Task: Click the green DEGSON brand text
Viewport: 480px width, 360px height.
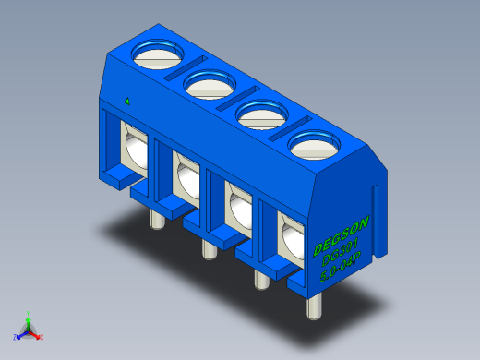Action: pyautogui.click(x=342, y=236)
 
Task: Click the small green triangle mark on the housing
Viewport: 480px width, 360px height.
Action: pyautogui.click(x=126, y=100)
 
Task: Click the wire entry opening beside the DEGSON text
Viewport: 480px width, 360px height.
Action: pyautogui.click(x=290, y=242)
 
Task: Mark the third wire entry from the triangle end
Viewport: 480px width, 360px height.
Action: pyautogui.click(x=238, y=210)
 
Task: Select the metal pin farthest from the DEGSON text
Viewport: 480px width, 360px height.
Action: pyautogui.click(x=156, y=219)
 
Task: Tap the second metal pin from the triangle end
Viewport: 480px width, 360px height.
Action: pyautogui.click(x=209, y=247)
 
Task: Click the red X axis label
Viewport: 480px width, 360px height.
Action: pyautogui.click(x=41, y=338)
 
